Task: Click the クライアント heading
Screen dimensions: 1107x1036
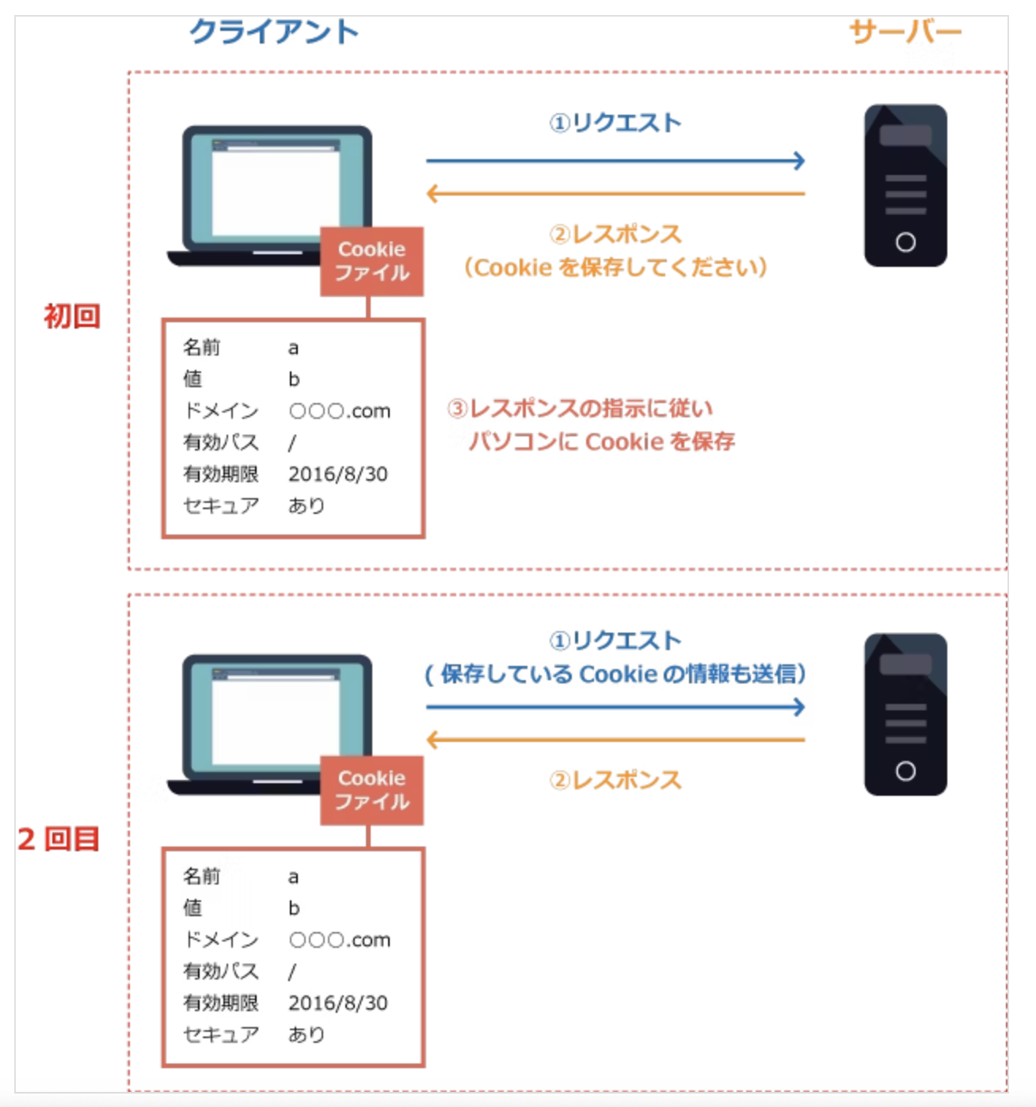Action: [x=274, y=32]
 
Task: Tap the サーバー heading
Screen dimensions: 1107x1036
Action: [x=905, y=32]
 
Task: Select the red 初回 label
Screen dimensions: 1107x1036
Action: [x=71, y=316]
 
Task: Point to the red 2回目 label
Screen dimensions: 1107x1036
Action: [x=59, y=839]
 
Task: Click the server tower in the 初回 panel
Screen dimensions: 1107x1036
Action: [x=905, y=185]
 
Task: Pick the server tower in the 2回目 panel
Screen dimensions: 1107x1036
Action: [x=905, y=714]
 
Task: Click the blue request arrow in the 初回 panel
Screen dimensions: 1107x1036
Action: [x=615, y=161]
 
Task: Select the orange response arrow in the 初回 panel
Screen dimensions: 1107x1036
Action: [x=615, y=193]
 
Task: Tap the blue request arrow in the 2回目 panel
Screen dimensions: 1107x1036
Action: [x=615, y=707]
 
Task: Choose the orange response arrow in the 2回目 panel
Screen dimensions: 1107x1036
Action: [x=615, y=740]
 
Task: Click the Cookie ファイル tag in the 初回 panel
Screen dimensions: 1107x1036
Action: [x=371, y=261]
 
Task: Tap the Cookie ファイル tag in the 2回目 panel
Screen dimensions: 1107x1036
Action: [x=371, y=790]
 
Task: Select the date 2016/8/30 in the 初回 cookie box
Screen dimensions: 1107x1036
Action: [x=337, y=474]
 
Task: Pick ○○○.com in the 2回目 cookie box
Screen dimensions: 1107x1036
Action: [x=339, y=940]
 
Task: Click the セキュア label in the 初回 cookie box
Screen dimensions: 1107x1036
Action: [x=220, y=505]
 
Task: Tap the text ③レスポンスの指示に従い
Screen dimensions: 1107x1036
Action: [x=580, y=409]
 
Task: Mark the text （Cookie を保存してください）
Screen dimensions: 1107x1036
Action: [x=615, y=268]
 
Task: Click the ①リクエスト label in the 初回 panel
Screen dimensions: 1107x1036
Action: [x=615, y=123]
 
